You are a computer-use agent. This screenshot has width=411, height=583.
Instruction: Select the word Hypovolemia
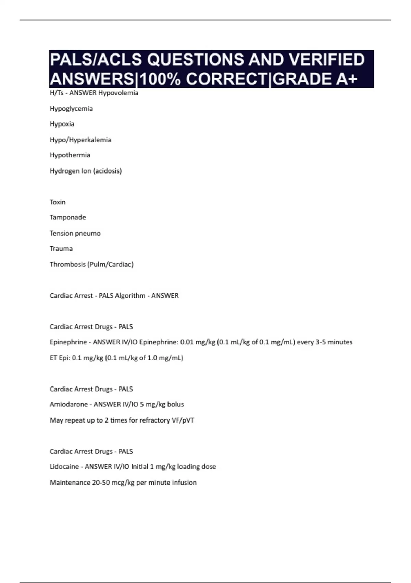(118, 93)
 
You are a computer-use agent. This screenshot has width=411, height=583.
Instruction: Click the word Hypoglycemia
(71, 109)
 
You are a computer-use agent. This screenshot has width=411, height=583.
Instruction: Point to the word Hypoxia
(62, 124)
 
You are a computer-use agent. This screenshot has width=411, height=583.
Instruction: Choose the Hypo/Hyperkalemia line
(80, 140)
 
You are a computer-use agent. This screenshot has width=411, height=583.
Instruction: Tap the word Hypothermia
(70, 155)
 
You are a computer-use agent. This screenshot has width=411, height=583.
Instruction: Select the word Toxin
(58, 202)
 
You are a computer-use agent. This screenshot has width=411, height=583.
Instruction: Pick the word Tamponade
(68, 217)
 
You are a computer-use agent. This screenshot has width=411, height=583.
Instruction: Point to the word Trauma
(61, 249)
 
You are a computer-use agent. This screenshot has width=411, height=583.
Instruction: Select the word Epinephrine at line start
(68, 342)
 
